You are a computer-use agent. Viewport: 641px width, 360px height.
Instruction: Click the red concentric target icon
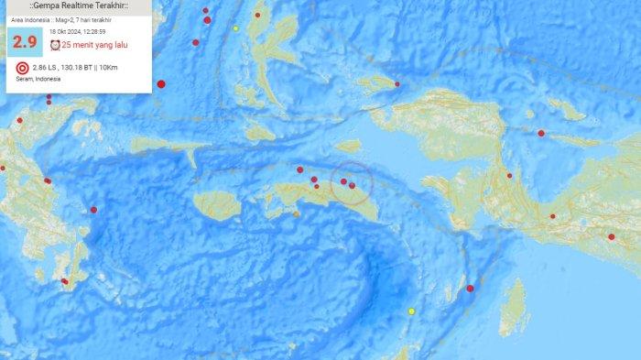point(22,68)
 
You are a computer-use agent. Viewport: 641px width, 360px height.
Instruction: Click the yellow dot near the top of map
point(235,28)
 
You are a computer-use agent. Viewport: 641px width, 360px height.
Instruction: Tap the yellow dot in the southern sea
point(411,311)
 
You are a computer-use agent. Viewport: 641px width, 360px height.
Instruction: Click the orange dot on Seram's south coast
point(296,214)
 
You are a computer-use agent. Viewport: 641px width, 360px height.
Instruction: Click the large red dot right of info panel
point(161,84)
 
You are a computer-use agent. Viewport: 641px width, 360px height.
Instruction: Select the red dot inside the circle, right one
point(353,186)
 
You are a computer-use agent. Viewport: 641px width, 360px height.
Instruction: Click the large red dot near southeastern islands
point(470,289)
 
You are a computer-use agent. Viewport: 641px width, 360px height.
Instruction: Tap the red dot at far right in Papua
point(611,236)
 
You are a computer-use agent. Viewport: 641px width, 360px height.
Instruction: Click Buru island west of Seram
point(218,204)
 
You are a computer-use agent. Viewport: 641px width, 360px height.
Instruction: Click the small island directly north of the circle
point(348,146)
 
